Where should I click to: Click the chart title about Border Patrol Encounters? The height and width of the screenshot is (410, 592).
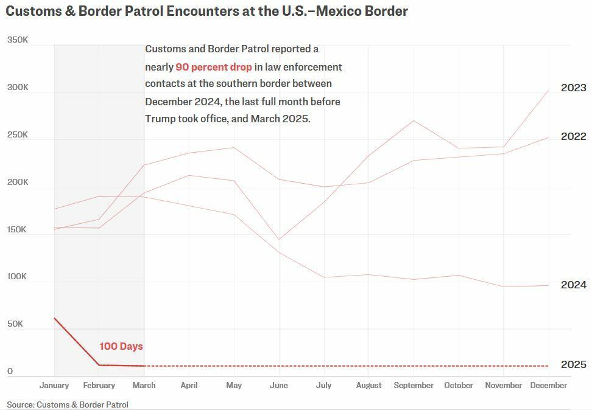click(206, 11)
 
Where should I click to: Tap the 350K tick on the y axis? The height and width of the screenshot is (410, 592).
click(17, 40)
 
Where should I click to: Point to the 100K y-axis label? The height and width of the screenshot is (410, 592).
click(17, 276)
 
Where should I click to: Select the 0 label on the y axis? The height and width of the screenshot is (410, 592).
click(10, 371)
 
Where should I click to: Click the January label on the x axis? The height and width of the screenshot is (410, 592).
click(54, 385)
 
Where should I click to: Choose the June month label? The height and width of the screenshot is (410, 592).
click(278, 385)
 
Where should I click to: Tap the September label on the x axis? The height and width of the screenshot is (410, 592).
click(414, 385)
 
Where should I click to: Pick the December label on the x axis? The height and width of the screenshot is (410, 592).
click(549, 385)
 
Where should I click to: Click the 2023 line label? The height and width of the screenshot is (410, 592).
click(573, 88)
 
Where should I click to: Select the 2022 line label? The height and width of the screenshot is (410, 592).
click(573, 136)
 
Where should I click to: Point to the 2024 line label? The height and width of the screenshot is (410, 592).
click(573, 285)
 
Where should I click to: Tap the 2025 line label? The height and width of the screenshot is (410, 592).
click(573, 364)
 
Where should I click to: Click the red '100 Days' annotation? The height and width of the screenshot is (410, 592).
click(121, 346)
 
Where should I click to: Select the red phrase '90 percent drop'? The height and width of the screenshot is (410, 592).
click(213, 67)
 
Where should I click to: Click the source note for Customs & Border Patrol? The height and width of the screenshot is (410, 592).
click(68, 404)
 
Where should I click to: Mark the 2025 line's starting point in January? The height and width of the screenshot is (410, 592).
click(54, 318)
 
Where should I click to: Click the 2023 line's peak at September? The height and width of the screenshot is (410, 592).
click(414, 120)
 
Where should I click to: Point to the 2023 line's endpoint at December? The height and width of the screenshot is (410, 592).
click(549, 91)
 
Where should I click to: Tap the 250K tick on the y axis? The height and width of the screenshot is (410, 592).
click(17, 134)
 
